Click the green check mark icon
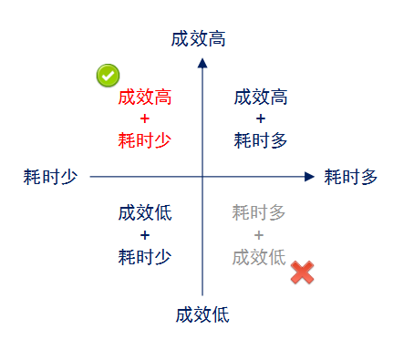109,76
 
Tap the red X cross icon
303,272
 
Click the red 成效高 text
145,98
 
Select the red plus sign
145,118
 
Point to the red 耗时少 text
145,140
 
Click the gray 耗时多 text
259,213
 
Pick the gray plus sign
259,234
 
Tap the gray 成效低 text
259,256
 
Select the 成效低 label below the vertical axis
202,315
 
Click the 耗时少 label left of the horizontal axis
50,177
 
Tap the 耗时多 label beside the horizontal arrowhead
351,177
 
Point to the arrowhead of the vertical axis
202,63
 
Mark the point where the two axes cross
202,177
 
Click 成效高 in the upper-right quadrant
261,98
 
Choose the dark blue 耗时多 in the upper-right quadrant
261,140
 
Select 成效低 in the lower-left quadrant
145,213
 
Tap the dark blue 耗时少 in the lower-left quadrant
145,256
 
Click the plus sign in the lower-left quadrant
145,234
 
